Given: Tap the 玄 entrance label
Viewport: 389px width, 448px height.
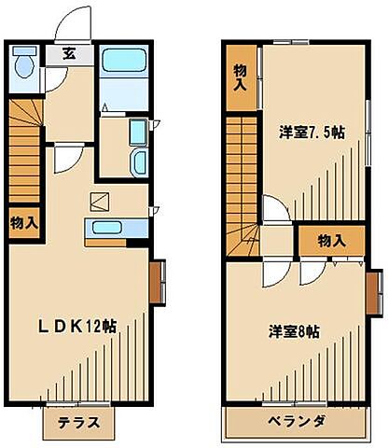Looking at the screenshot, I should click(x=69, y=53).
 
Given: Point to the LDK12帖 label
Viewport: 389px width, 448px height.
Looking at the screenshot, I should click(x=77, y=327).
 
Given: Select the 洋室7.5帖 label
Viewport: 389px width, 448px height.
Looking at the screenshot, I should click(x=312, y=133).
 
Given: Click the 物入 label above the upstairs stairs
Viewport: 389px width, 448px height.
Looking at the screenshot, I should click(x=241, y=77).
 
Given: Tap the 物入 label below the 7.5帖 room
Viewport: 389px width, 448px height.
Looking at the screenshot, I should click(x=331, y=241).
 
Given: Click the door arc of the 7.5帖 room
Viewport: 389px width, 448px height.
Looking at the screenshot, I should click(x=275, y=209).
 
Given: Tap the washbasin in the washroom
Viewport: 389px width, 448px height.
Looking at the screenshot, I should click(x=138, y=161).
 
